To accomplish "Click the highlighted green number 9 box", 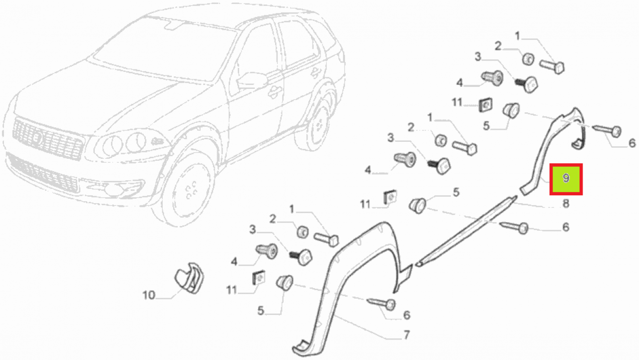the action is [x=566, y=179].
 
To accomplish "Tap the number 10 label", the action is [x=149, y=295].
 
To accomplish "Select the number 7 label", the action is [x=407, y=335].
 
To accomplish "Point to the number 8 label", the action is [x=566, y=204].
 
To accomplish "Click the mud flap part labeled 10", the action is [x=189, y=278].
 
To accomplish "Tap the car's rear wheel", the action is [x=319, y=125].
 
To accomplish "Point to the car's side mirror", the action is [x=253, y=80].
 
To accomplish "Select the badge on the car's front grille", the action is [x=37, y=139].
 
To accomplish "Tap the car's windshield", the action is [x=165, y=48].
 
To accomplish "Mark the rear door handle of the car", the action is [x=315, y=72].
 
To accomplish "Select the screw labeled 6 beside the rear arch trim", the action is [x=608, y=131].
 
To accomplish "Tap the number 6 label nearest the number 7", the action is [x=406, y=315].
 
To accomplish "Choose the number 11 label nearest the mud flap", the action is [x=231, y=290].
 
